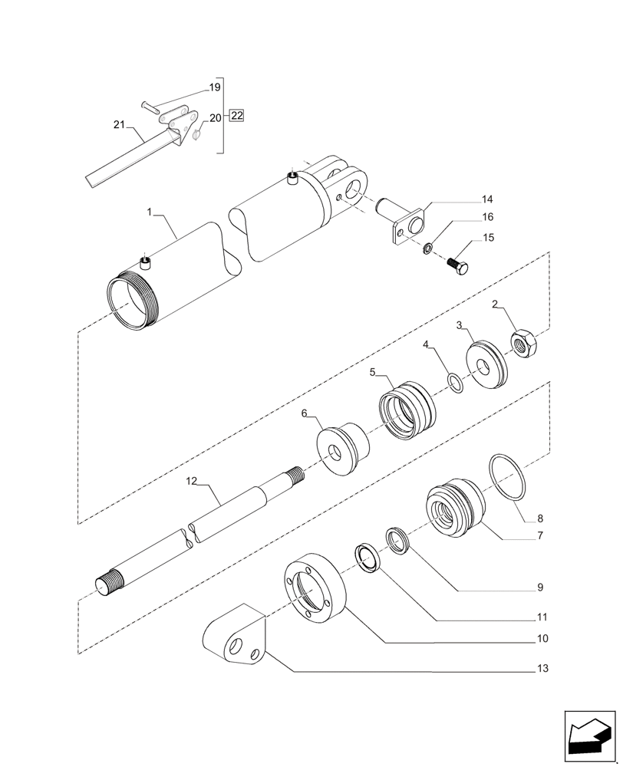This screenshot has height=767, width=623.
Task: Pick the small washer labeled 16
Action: [x=428, y=247]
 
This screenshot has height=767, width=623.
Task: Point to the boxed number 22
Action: [x=236, y=117]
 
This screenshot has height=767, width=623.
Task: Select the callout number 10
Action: [x=542, y=638]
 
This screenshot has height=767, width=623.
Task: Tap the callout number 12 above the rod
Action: [x=192, y=481]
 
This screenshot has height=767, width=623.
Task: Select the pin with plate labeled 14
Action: [x=405, y=222]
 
